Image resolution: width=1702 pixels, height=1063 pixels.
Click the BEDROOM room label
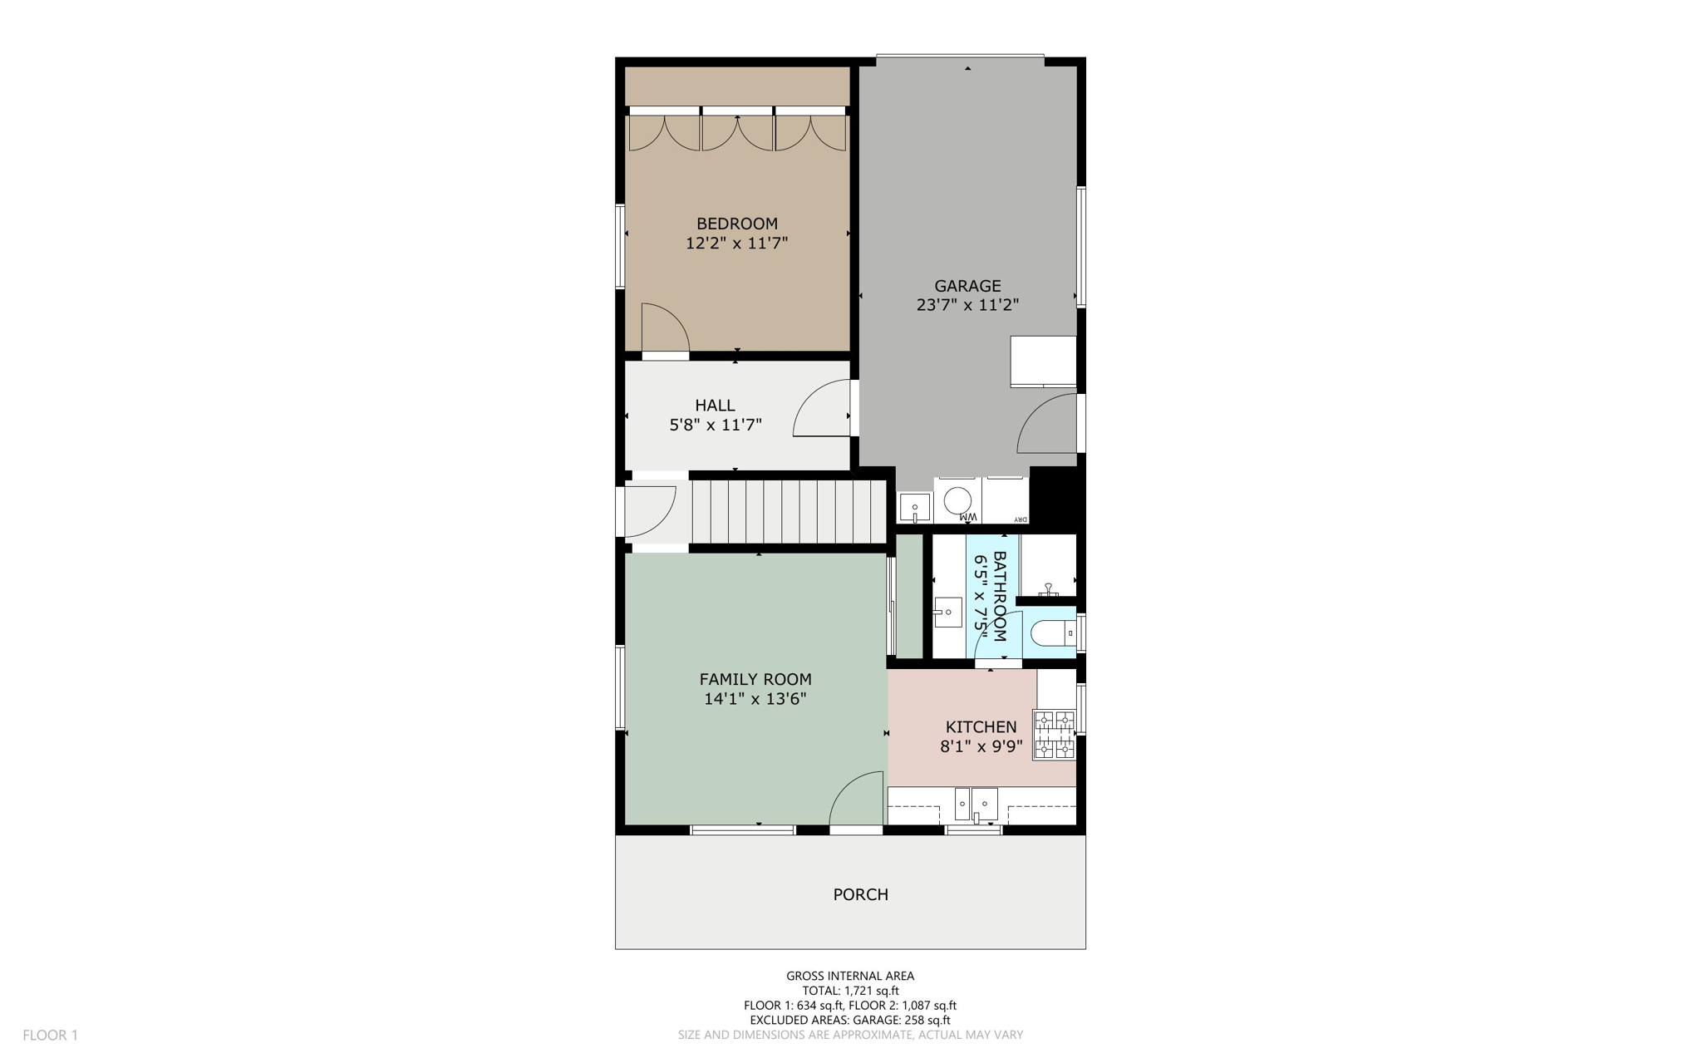point(736,224)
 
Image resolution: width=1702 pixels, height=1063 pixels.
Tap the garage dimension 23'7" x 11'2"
point(967,305)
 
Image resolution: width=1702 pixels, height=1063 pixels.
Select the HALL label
point(715,406)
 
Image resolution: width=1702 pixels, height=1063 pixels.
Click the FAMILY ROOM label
point(755,679)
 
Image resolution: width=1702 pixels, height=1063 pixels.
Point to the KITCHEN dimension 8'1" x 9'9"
point(981,746)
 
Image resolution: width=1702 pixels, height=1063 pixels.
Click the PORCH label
point(860,894)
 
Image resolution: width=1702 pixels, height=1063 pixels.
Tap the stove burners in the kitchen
point(1054,734)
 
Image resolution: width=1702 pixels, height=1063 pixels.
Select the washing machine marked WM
point(958,501)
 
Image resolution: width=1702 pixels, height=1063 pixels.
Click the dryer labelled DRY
point(1006,501)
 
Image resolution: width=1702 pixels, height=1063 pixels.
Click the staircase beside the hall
point(788,511)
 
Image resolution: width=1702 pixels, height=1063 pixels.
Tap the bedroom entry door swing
point(665,328)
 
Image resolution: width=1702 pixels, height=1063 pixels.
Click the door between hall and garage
point(823,409)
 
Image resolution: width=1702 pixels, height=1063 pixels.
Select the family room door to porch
point(857,799)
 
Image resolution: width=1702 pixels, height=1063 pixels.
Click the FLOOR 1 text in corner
point(50,1035)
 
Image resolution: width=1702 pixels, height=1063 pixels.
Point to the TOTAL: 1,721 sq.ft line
point(849,991)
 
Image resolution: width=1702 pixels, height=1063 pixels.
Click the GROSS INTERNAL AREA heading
point(849,976)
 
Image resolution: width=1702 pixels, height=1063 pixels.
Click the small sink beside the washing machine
point(914,506)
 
